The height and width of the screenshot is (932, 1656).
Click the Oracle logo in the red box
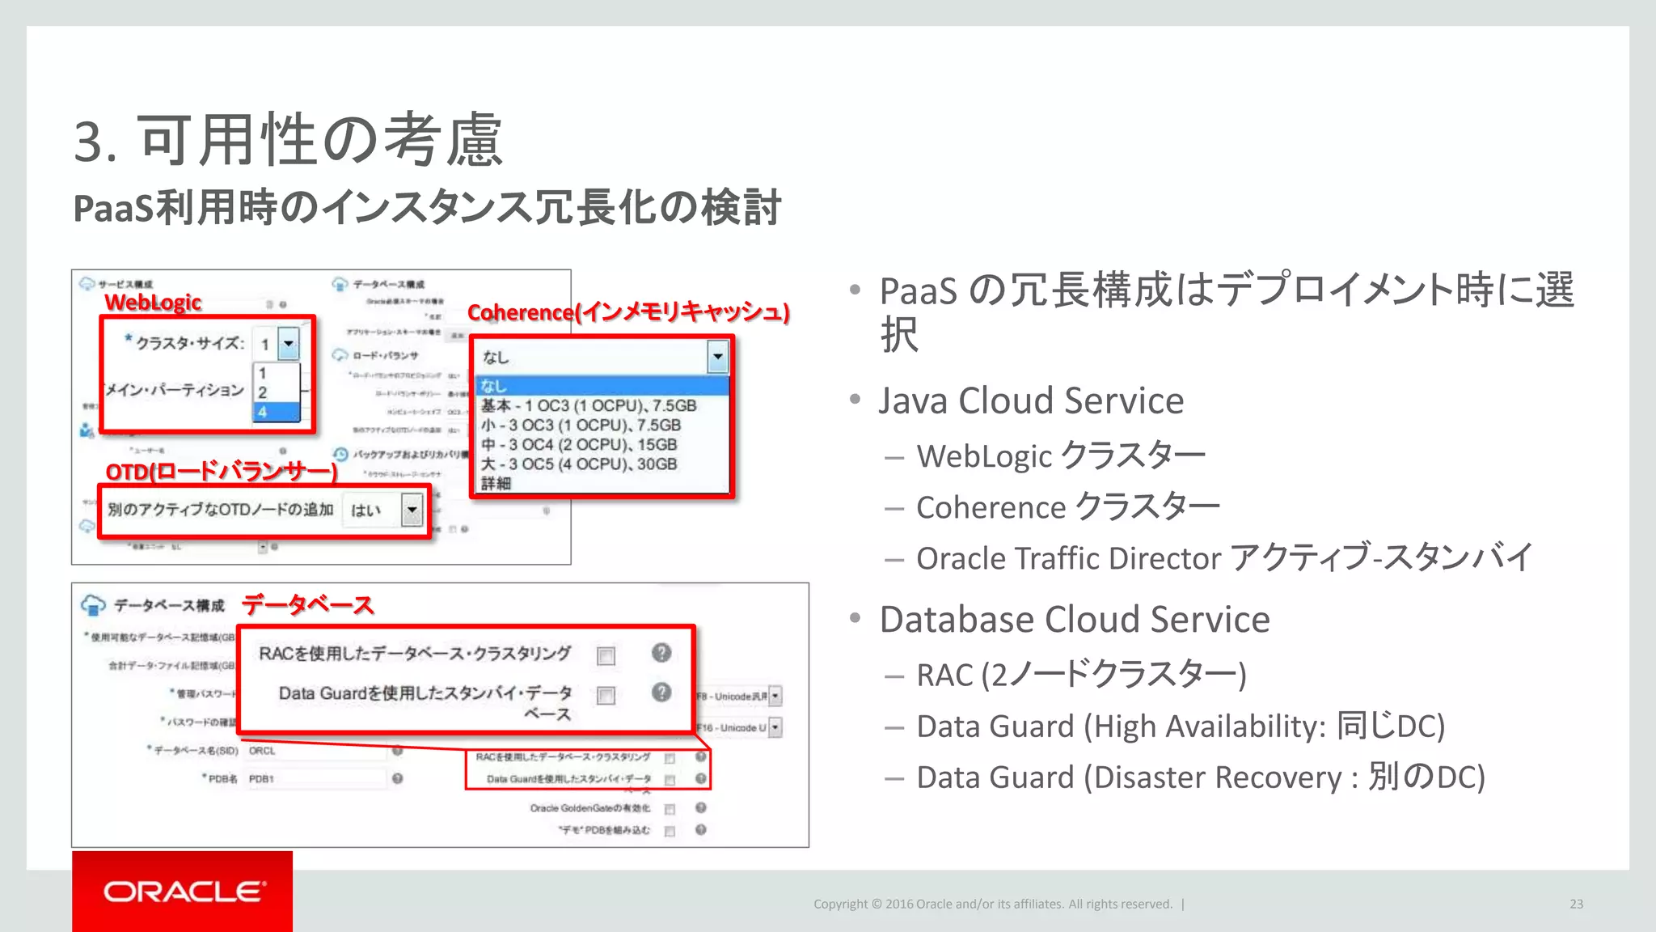184,892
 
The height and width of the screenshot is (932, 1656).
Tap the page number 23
1576,904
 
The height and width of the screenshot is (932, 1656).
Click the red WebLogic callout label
153,303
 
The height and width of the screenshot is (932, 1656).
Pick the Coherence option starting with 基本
589,405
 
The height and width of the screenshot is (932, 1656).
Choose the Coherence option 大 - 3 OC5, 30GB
579,464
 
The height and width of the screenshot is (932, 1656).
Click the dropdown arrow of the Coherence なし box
717,357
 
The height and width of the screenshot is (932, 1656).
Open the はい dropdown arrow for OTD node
412,510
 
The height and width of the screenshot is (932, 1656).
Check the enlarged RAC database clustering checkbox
606,655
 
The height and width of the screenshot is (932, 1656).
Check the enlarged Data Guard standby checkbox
606,695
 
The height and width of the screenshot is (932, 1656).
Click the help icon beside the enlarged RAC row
661,653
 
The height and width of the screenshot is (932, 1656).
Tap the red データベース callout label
308,604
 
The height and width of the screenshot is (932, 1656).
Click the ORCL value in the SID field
263,751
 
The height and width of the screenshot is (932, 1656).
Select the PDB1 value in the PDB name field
262,779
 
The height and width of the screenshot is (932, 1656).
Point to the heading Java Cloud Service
1031,400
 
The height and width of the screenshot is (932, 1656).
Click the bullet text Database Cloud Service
1075,620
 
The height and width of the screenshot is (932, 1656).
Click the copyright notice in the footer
992,904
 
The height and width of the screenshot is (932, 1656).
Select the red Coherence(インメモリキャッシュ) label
628,312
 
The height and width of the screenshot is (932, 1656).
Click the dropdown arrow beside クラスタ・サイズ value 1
289,344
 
